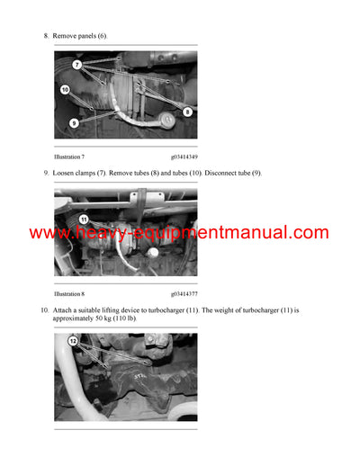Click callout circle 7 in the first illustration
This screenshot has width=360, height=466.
point(76,65)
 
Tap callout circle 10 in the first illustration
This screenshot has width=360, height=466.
point(65,89)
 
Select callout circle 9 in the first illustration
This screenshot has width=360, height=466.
point(73,122)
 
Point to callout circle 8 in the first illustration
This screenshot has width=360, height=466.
point(187,112)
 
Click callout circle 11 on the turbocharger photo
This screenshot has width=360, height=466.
point(83,219)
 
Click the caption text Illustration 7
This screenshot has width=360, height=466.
point(69,157)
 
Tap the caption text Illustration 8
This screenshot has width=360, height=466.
point(69,293)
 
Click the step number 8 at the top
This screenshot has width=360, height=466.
point(46,35)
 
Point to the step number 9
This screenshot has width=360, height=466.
point(46,173)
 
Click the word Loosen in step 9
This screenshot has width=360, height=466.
point(66,173)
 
